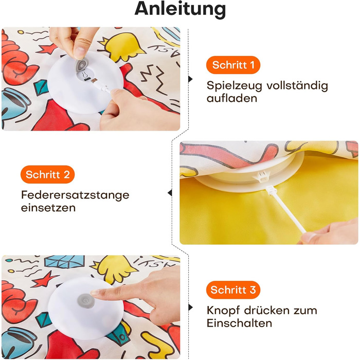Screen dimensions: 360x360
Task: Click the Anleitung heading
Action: [x=180, y=9]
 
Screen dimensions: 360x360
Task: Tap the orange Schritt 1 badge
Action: [x=233, y=65]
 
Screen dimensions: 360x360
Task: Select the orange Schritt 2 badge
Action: [x=47, y=174]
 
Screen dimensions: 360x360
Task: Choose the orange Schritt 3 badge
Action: [x=233, y=290]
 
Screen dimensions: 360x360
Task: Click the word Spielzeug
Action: [x=234, y=86]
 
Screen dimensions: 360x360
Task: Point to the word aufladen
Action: [x=232, y=99]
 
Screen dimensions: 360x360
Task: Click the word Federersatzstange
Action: [x=75, y=195]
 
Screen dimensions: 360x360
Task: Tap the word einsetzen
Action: [x=48, y=208]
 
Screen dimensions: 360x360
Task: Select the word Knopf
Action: [x=223, y=311]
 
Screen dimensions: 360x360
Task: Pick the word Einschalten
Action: [x=239, y=323]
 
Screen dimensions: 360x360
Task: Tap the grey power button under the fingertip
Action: [x=86, y=301]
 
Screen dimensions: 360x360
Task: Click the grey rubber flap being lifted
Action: [x=82, y=66]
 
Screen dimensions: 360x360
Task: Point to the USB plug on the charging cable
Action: [x=94, y=81]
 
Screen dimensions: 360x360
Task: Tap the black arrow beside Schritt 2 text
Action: [x=170, y=193]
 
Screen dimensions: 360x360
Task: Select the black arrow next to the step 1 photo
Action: [x=190, y=79]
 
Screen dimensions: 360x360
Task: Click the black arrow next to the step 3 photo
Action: [x=190, y=308]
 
